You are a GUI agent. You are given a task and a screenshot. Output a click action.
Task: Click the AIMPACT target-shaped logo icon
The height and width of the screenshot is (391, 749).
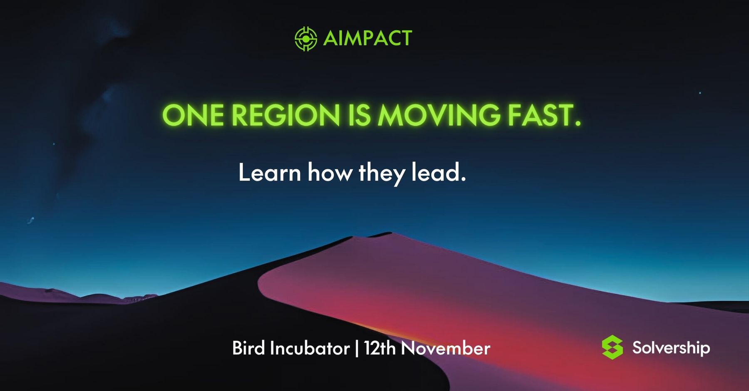click(306, 39)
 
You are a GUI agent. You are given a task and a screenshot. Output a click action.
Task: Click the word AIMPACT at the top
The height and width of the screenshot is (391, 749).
click(367, 38)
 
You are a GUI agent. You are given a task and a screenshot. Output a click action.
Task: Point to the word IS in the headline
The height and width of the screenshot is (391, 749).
click(359, 115)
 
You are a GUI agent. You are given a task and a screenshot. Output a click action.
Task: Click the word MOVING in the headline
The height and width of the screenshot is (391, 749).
click(439, 115)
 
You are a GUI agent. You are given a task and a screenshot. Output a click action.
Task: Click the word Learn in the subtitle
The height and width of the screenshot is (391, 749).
click(270, 172)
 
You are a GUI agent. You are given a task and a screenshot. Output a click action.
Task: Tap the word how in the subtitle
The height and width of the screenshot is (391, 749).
click(330, 172)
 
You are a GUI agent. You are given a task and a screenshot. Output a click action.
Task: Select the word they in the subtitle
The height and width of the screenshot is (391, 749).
click(381, 174)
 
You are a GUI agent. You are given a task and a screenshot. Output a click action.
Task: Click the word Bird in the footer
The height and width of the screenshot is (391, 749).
click(248, 348)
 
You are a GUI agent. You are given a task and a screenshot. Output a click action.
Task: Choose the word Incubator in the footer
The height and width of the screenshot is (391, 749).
click(310, 348)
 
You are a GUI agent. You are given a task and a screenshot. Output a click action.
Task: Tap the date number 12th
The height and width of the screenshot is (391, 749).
click(380, 348)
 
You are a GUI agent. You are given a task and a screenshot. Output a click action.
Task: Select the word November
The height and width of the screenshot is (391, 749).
click(446, 348)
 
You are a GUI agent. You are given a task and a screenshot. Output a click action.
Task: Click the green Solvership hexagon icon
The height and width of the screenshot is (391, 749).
click(613, 347)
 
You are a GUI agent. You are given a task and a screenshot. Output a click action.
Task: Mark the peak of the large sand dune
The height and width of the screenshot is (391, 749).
click(389, 233)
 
